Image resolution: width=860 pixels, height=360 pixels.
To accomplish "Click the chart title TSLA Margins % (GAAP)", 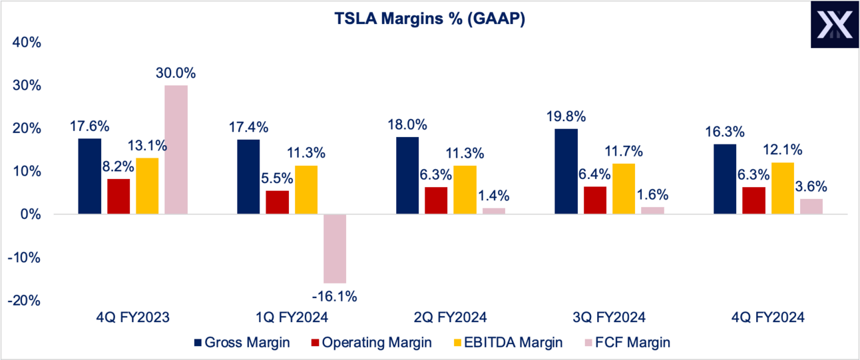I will pyautogui.click(x=430, y=20).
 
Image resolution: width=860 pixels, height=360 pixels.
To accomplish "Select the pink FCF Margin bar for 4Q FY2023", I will pyautogui.click(x=176, y=150).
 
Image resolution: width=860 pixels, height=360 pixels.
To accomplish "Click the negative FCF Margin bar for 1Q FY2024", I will pyautogui.click(x=335, y=248).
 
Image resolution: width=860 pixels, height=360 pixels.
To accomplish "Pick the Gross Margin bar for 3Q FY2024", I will pyautogui.click(x=566, y=171).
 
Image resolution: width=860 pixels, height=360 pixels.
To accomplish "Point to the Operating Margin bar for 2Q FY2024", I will pyautogui.click(x=436, y=200).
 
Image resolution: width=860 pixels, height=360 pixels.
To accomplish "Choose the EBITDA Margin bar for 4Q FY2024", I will pyautogui.click(x=782, y=188).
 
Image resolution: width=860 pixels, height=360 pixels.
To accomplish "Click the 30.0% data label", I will pyautogui.click(x=176, y=73).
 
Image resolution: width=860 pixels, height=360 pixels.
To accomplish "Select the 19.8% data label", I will pyautogui.click(x=566, y=116).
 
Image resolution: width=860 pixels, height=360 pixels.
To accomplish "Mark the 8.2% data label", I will pyautogui.click(x=118, y=166).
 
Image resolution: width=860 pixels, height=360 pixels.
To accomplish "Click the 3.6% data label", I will pyautogui.click(x=811, y=187).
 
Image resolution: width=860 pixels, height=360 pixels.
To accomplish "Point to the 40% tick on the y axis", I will pyautogui.click(x=26, y=43).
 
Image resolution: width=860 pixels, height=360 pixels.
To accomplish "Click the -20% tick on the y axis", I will pyautogui.click(x=23, y=301).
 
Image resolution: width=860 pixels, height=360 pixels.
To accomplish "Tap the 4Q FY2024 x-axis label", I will pyautogui.click(x=767, y=317).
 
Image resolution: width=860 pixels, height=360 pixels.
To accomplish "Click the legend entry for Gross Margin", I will pyautogui.click(x=241, y=343).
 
